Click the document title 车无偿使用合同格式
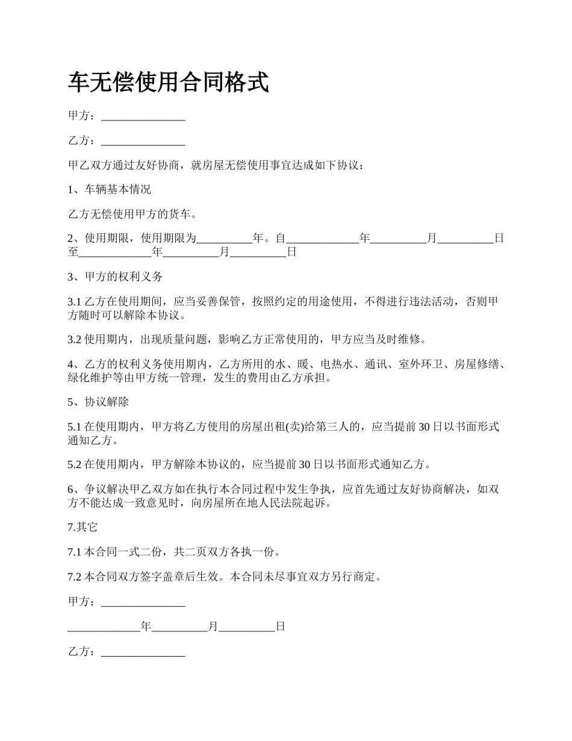point(168,83)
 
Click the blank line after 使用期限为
point(225,239)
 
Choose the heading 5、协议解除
point(98,402)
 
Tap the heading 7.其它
point(82,527)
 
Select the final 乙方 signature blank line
point(143,652)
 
